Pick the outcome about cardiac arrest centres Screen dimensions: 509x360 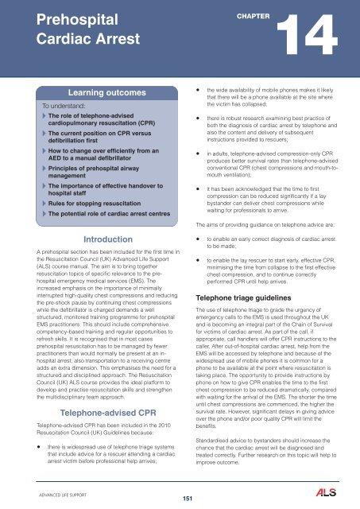pos(101,216)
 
